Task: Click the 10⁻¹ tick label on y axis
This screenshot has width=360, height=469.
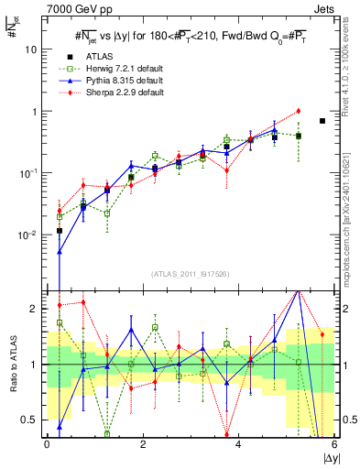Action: [x=27, y=173]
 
